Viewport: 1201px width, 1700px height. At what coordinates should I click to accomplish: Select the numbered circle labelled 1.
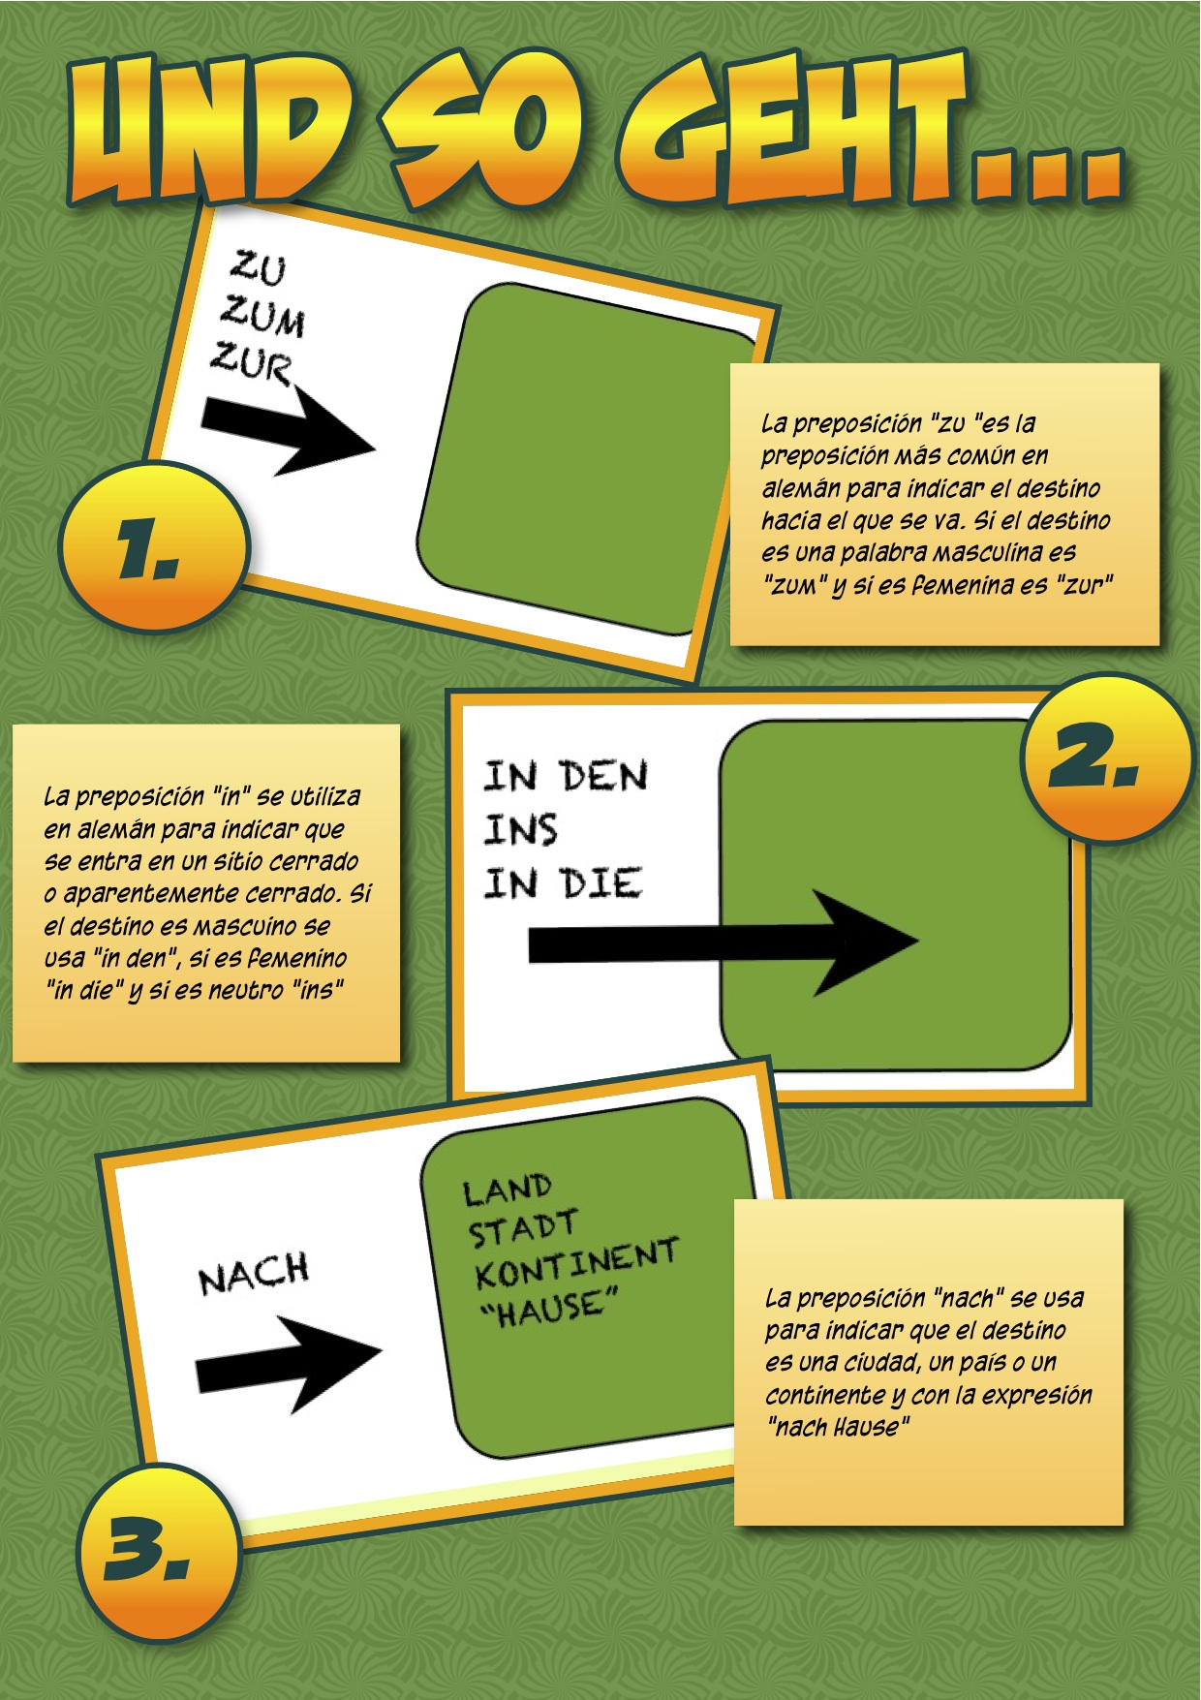pos(154,547)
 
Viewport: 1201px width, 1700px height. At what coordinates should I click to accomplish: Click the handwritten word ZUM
pos(262,315)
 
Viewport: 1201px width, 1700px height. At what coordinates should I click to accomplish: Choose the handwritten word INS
pos(521,830)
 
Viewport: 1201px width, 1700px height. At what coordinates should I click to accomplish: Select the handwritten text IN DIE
pos(563,883)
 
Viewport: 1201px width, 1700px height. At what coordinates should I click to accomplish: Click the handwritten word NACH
pos(254,1274)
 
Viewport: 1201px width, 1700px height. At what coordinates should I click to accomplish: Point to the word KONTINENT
pos(577,1263)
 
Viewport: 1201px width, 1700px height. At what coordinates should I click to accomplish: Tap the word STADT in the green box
pos(524,1228)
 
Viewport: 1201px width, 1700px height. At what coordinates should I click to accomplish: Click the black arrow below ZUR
pos(288,427)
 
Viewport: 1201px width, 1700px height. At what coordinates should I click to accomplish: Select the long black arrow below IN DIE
pos(723,943)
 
